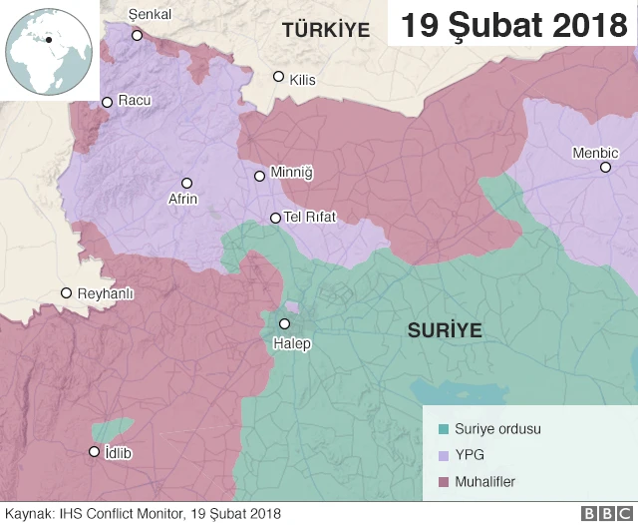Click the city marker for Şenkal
coord(138,35)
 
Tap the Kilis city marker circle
coord(279,77)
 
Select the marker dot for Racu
coord(108,102)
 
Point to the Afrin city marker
coord(186,183)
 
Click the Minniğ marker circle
coord(260,176)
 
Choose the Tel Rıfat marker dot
coord(276,218)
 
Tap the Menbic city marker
coord(605,167)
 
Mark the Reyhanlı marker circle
coord(67,293)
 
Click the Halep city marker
coord(285,323)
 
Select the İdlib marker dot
coord(95,451)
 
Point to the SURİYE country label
coord(445,330)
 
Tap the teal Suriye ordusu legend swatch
coord(444,429)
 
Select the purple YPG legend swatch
coord(444,456)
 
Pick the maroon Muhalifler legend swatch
coord(444,482)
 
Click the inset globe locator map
coord(48,50)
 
